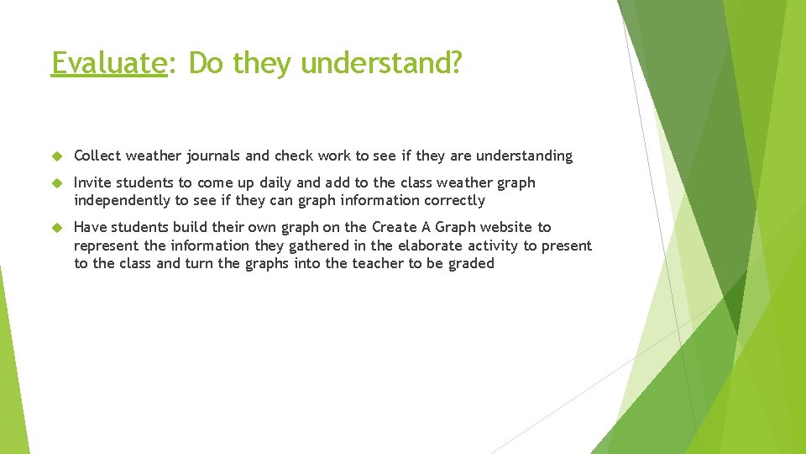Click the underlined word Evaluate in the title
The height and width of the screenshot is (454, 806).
[109, 62]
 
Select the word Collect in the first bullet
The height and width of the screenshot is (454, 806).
[97, 156]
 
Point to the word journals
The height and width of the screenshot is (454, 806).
[213, 156]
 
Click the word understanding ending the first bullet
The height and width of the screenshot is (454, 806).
[524, 156]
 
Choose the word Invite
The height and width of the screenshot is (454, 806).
[92, 182]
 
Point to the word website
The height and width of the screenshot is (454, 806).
[507, 227]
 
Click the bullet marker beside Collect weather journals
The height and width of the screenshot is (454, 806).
[57, 156]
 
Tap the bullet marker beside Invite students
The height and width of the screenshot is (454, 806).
[57, 183]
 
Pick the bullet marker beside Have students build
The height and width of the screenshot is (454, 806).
[57, 228]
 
